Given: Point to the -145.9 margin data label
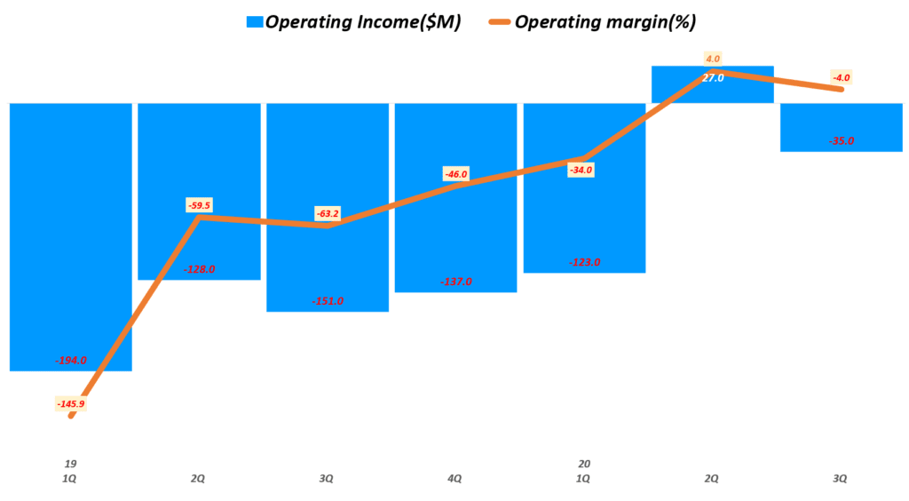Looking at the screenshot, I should click(71, 404).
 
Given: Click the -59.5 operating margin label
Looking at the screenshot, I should click(199, 205).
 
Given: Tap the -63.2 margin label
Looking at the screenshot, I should click(328, 213).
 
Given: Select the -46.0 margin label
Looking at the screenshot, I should click(456, 174).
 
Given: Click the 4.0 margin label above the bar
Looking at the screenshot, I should click(713, 59).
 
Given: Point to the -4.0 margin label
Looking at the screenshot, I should click(842, 77).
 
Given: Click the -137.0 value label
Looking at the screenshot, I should click(456, 282).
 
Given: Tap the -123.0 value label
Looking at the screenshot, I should click(585, 262).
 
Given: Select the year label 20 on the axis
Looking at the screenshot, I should click(584, 464).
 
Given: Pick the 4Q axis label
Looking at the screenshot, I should click(455, 479).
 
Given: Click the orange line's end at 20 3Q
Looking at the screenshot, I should click(841, 89).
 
